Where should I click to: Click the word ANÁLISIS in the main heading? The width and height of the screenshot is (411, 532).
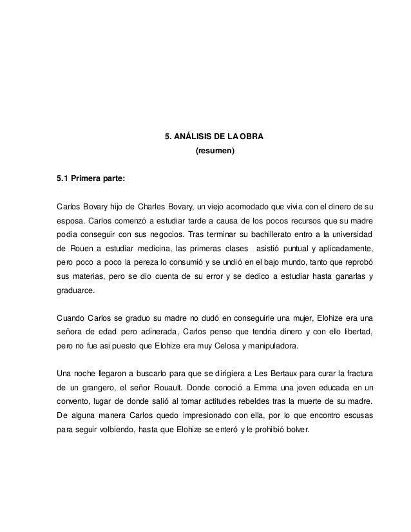click(x=194, y=137)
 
